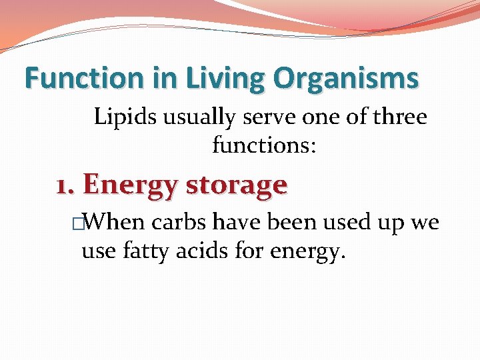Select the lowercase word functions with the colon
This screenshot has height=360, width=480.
(265, 145)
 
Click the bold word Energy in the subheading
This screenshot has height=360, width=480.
(131, 185)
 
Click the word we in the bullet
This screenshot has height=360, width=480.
(425, 223)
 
